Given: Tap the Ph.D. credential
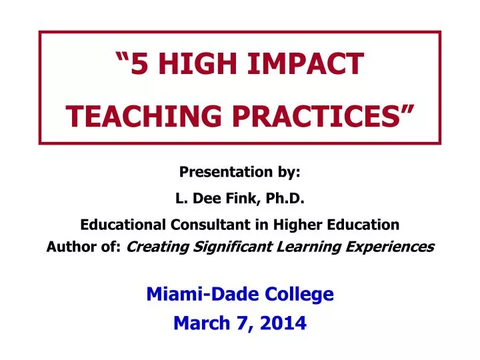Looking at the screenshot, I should pos(283,198).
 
